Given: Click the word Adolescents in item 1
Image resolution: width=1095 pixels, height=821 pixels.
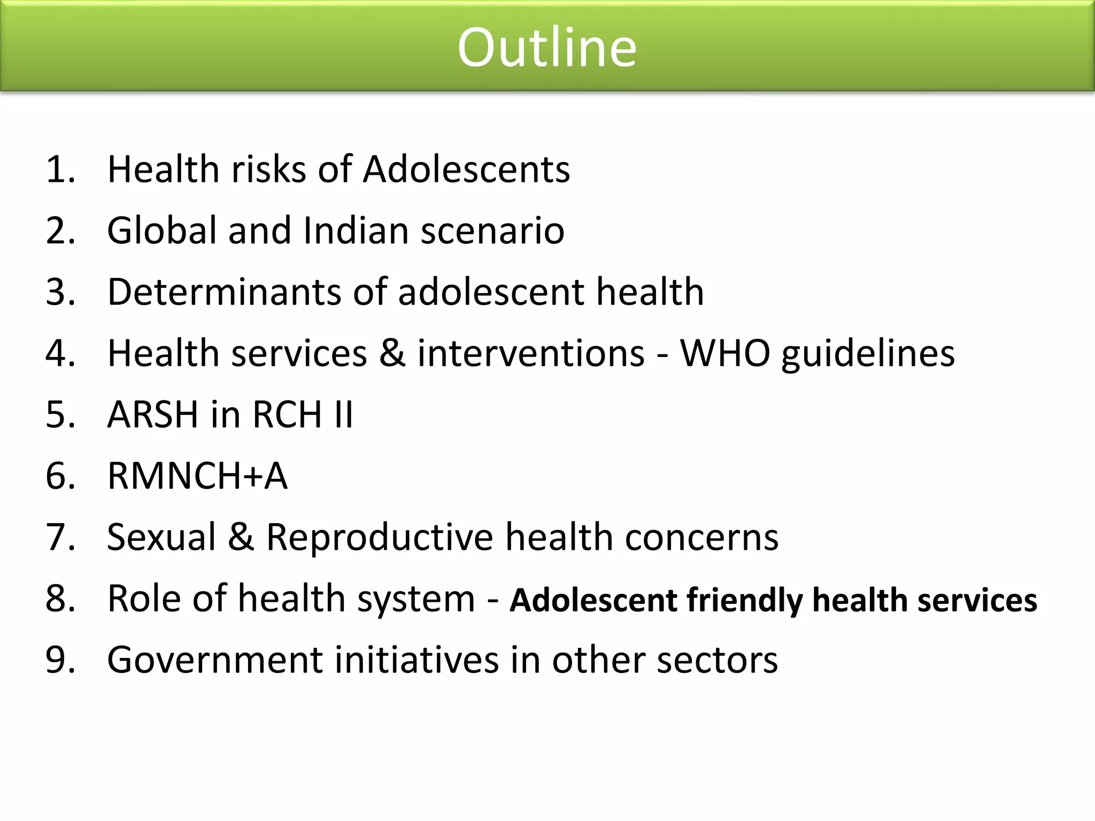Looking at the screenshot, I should click(466, 169).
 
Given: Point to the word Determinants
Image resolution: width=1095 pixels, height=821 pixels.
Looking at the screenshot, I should click(224, 292).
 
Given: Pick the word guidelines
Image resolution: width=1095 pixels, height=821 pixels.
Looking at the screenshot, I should click(868, 354).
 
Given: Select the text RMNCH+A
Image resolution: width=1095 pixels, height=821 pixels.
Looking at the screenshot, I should click(197, 476).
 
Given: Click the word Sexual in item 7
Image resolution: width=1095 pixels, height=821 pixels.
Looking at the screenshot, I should click(161, 537).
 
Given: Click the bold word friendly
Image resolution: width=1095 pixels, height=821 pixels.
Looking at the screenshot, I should click(744, 600).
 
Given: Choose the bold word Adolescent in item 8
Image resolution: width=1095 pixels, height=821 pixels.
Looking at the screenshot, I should click(593, 599).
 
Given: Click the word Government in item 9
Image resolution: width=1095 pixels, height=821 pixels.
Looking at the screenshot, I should click(215, 660).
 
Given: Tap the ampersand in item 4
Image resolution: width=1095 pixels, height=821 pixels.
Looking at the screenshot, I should click(392, 353).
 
